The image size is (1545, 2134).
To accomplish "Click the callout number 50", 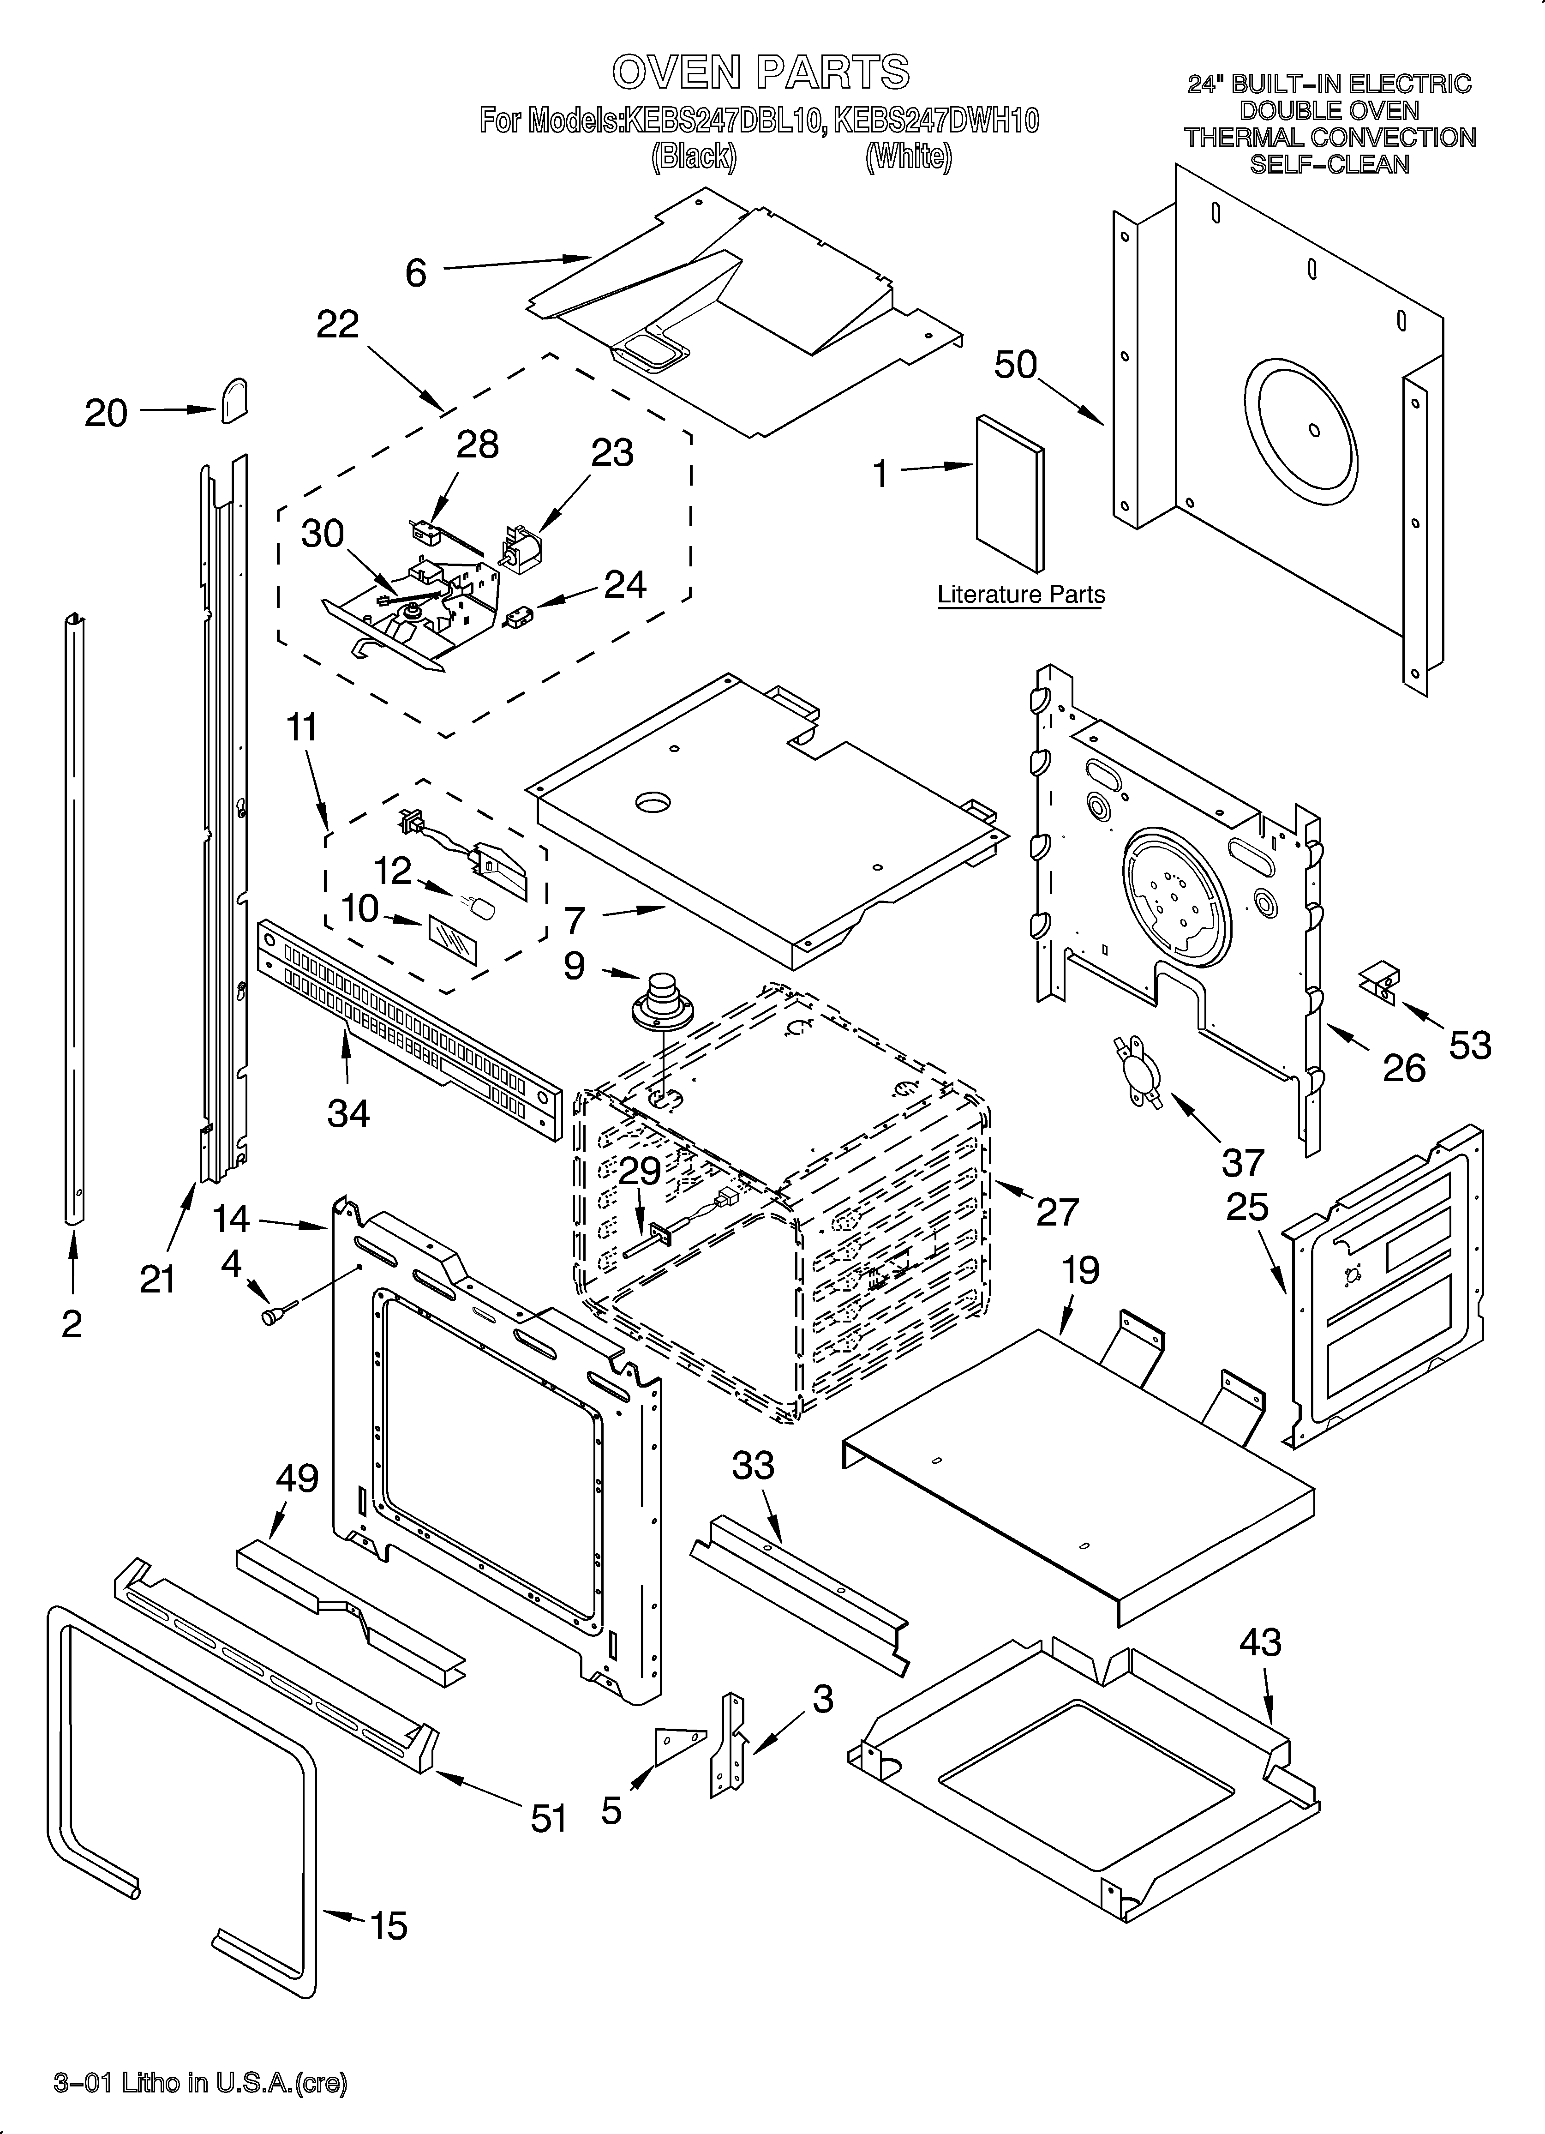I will pyautogui.click(x=1015, y=365).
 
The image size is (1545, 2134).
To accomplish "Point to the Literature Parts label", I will pyautogui.click(x=1021, y=595).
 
